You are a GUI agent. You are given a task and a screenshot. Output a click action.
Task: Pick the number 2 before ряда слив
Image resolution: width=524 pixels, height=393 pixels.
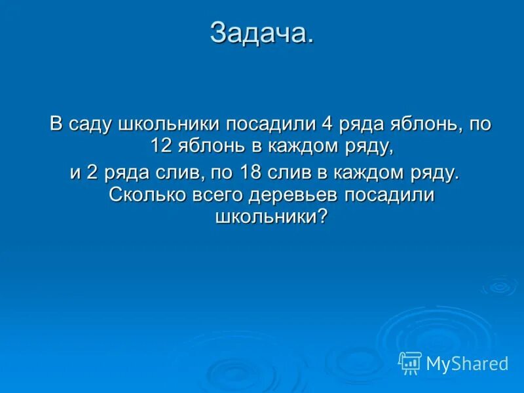pyautogui.click(x=92, y=173)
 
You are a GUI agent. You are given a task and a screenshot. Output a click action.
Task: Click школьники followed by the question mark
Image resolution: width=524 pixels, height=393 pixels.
pyautogui.click(x=266, y=216)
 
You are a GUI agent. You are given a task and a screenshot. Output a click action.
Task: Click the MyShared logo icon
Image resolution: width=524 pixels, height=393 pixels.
pyautogui.click(x=410, y=362)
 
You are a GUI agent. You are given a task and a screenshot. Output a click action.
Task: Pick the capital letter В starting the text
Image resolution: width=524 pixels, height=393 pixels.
pyautogui.click(x=58, y=124)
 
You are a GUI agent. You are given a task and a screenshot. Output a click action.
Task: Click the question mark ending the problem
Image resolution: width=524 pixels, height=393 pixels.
pyautogui.click(x=321, y=216)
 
